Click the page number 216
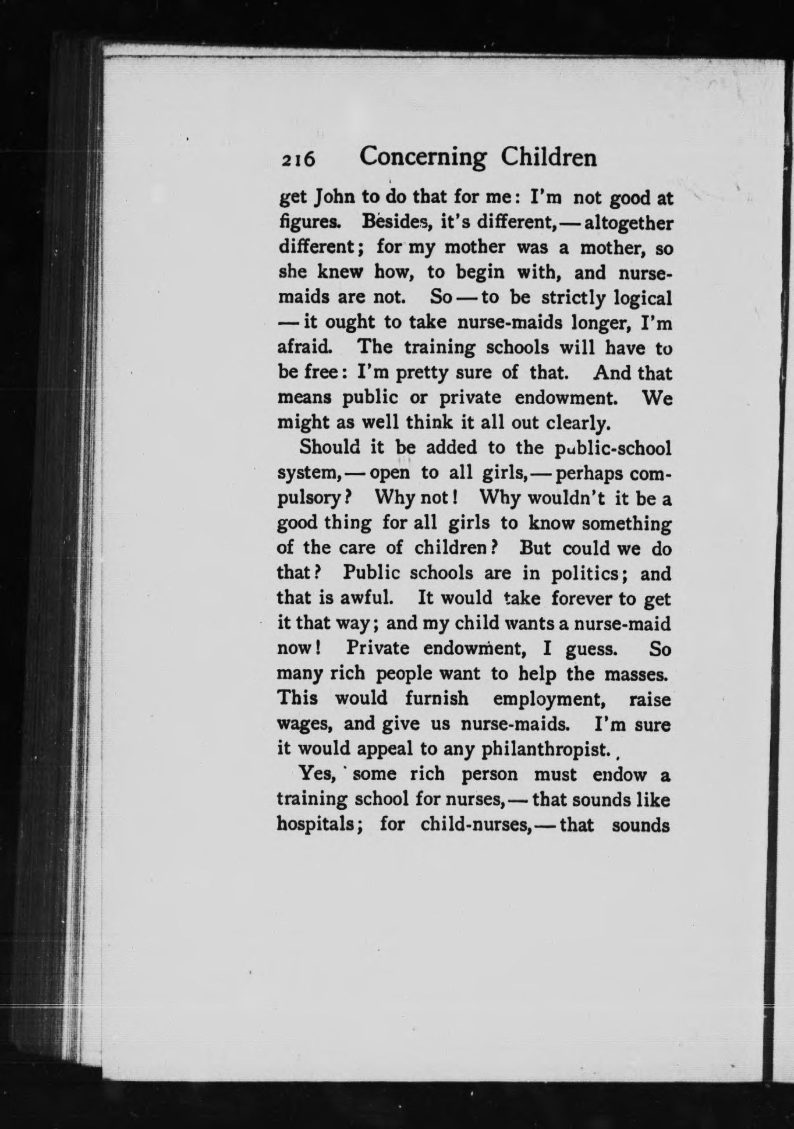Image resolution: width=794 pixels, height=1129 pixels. (x=297, y=160)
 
